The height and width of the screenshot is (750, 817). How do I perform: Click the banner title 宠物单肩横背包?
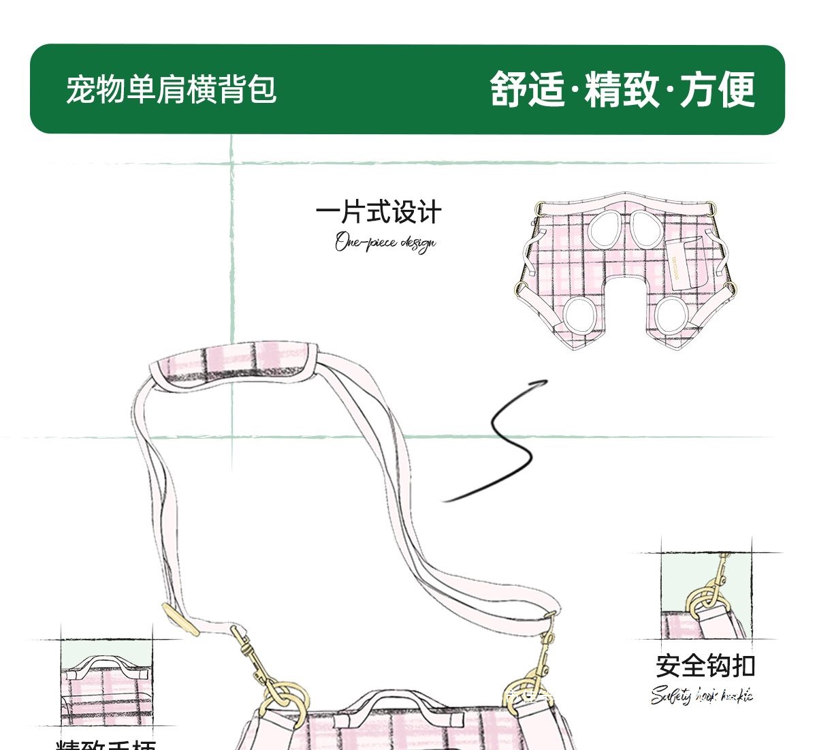click(x=171, y=89)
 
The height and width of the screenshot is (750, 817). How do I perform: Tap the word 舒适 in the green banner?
click(x=527, y=89)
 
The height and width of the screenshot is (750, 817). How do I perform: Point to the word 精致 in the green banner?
click(x=622, y=89)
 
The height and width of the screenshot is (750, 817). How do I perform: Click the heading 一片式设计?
click(x=379, y=212)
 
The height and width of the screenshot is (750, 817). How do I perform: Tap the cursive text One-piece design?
click(x=385, y=243)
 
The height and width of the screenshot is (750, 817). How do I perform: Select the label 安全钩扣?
click(x=705, y=666)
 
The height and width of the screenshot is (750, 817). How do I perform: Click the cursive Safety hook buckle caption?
click(x=702, y=696)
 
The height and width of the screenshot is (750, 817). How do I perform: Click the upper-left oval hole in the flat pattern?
click(x=605, y=230)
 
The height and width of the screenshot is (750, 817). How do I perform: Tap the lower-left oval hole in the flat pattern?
click(x=580, y=315)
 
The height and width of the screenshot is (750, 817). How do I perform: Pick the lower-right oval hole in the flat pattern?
click(x=675, y=315)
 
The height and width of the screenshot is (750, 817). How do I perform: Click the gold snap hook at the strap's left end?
click(x=253, y=657)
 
